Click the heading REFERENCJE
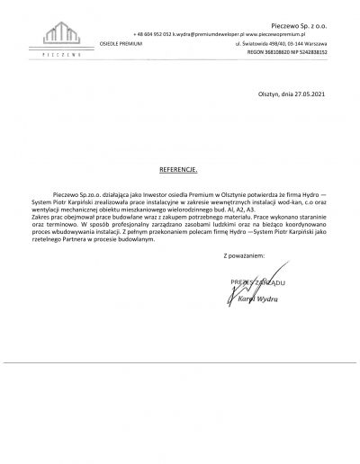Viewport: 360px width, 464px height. pos(179,168)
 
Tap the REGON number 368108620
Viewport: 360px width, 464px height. pos(274,53)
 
